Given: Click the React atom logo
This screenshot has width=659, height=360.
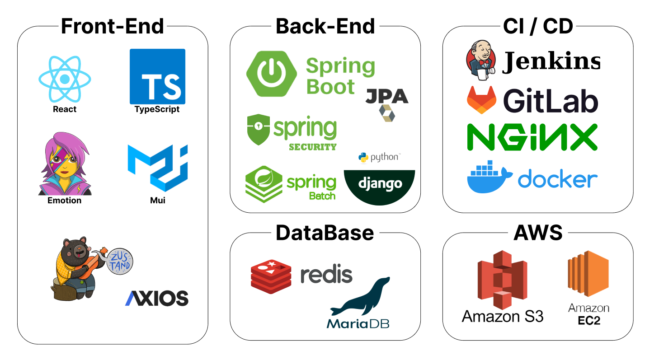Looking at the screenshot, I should (65, 79).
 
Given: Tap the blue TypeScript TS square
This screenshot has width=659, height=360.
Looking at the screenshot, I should (157, 77).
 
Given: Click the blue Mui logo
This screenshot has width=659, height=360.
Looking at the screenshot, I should (157, 168).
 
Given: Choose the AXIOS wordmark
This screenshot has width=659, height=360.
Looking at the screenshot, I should (156, 298).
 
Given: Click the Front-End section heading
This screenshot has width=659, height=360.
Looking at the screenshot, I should (112, 26).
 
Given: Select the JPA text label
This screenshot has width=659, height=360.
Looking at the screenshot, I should (386, 96).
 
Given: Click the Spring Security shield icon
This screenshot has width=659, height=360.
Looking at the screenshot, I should (258, 130).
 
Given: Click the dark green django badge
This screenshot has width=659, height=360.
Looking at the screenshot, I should (379, 184).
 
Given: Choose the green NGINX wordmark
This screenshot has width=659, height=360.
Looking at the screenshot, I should (532, 137).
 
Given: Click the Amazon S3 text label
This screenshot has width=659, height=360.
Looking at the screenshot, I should (503, 316).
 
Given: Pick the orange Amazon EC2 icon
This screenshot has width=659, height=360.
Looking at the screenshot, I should (588, 274).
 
